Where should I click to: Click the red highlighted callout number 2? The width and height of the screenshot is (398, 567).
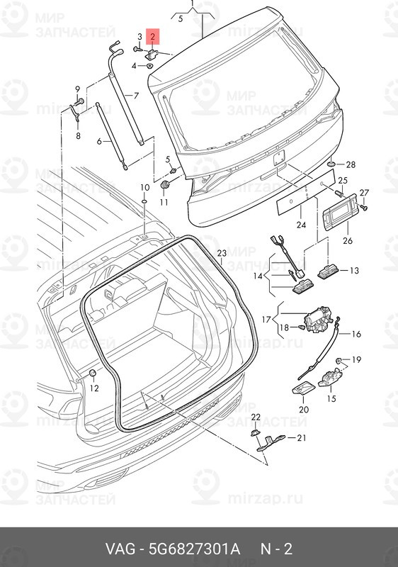153,35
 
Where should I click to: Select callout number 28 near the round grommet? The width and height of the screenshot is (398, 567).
351,164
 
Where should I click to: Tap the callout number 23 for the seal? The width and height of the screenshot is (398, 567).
221,253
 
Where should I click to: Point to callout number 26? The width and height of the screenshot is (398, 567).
347,241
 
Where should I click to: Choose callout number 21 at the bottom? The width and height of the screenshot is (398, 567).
300,438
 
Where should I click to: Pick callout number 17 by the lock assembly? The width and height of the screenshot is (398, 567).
267,320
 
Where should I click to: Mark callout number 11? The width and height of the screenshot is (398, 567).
164,203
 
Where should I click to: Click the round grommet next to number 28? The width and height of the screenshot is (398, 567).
331,164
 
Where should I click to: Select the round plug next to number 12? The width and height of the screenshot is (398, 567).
92,373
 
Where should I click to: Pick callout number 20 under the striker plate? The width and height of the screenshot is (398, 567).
304,409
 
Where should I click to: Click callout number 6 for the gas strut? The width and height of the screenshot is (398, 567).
100,142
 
